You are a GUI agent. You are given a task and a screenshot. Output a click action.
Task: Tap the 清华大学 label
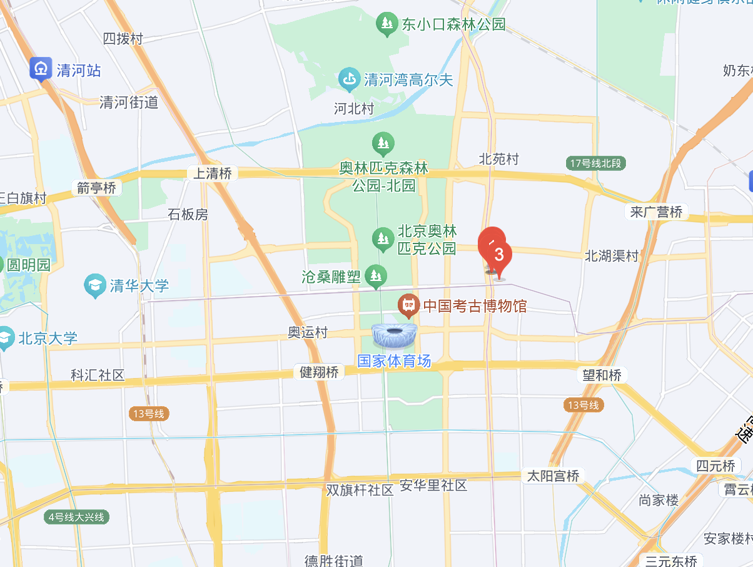click(139, 286)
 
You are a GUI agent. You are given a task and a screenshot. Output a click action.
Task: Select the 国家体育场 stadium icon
click(395, 336)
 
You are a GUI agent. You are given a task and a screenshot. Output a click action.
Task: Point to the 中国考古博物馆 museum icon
click(408, 305)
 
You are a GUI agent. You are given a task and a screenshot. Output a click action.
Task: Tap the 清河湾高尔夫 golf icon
click(349, 79)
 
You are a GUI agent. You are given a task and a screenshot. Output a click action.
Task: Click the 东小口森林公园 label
click(453, 24)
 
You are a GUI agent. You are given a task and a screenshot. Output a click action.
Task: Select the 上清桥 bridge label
click(213, 173)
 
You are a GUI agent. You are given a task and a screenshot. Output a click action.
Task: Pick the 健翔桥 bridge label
click(319, 372)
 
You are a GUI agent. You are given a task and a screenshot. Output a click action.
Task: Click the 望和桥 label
click(602, 375)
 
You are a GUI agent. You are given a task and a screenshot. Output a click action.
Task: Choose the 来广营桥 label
click(655, 212)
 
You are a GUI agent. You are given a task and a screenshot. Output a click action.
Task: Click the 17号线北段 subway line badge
click(597, 163)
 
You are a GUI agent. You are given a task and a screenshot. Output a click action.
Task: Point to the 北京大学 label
click(48, 339)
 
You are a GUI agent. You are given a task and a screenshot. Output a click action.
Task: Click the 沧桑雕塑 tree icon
click(376, 274)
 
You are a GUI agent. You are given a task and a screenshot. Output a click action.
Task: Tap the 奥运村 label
click(308, 332)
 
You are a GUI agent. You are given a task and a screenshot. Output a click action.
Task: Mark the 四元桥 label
click(716, 466)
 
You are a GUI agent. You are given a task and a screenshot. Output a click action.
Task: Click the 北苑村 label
click(498, 159)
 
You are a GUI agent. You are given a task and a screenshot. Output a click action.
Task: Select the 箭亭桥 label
click(97, 187)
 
